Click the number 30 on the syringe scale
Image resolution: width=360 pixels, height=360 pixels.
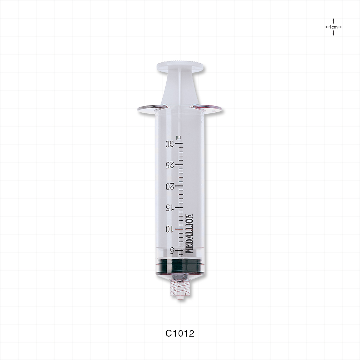point(169,144)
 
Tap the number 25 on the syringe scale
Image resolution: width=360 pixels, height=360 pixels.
point(169,165)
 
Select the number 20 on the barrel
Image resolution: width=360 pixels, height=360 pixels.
point(170,186)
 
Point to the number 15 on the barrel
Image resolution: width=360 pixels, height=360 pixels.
point(170,208)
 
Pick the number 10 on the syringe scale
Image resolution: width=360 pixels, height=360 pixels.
point(170,229)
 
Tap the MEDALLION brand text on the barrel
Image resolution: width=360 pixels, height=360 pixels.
point(189,234)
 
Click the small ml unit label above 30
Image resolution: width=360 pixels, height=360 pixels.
point(178,137)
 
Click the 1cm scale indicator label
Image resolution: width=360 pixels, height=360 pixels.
point(333,27)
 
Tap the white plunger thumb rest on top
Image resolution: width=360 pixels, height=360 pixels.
point(180,67)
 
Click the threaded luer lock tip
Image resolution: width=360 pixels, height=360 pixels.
point(180,288)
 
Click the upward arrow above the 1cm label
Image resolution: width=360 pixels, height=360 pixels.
point(333,21)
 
